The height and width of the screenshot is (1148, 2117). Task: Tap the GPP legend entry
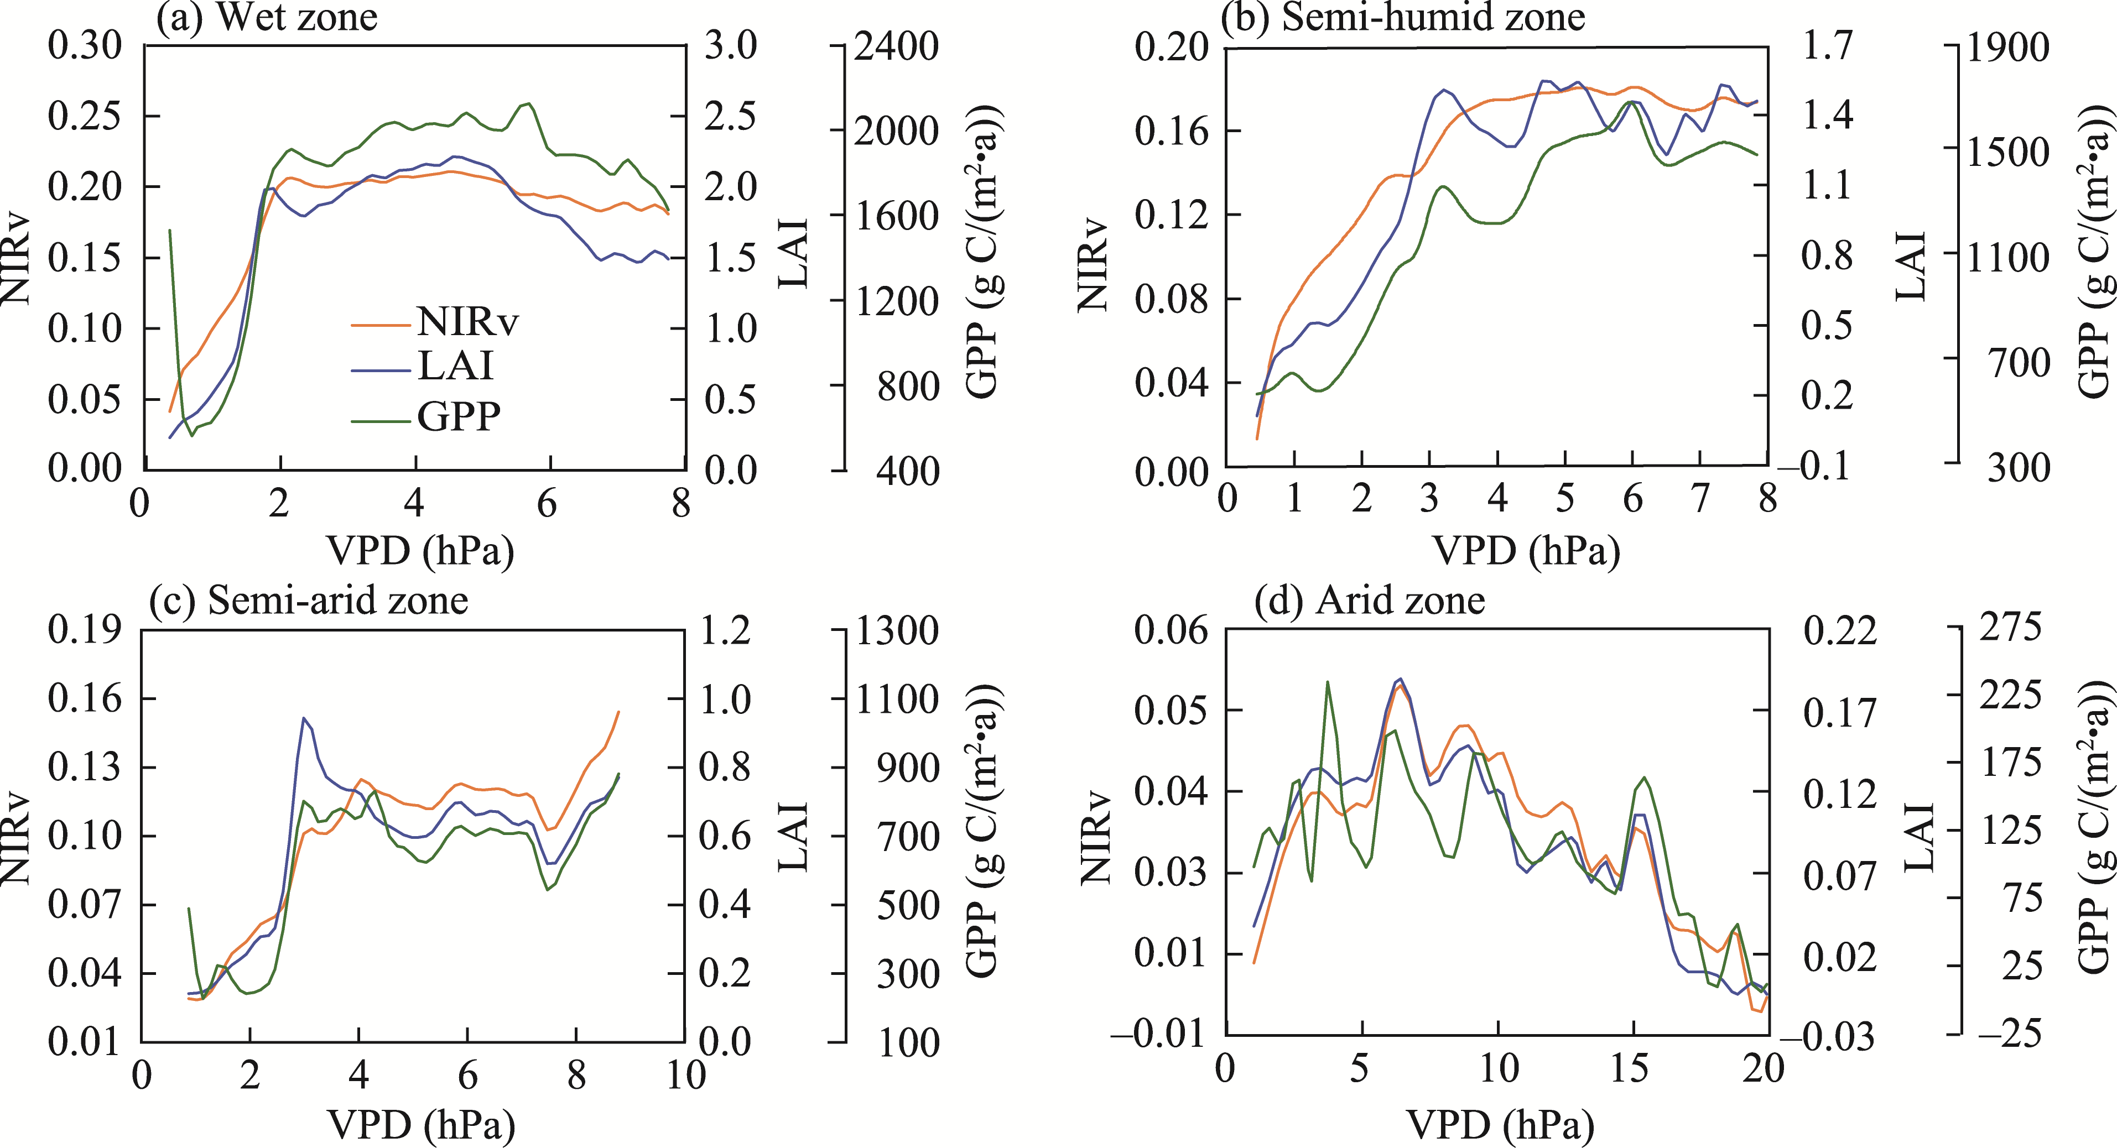click(459, 416)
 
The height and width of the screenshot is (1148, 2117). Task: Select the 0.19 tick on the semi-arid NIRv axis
click(85, 630)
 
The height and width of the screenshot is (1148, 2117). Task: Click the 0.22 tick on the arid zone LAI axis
click(1840, 631)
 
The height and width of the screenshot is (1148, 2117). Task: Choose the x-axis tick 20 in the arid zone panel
click(1764, 1068)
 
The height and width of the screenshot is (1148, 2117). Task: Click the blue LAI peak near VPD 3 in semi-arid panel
click(304, 718)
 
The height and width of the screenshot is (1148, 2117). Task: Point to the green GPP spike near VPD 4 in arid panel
click(1327, 681)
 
